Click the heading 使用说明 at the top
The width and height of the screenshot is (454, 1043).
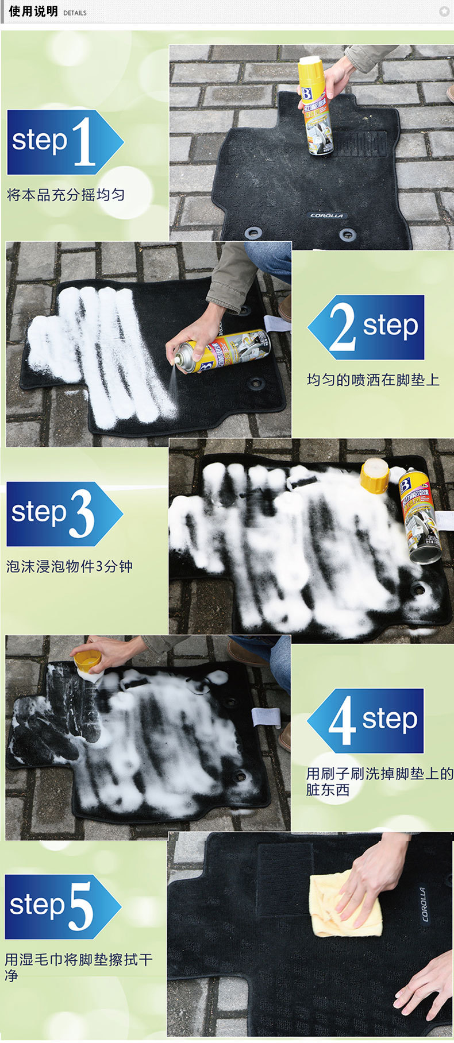click(33, 11)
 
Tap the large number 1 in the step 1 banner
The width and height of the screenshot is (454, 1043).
click(84, 142)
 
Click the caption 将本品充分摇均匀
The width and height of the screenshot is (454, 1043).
click(66, 195)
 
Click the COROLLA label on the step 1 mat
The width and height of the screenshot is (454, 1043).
click(326, 215)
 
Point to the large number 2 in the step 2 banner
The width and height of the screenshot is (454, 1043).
click(342, 328)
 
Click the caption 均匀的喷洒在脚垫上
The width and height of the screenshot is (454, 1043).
click(373, 380)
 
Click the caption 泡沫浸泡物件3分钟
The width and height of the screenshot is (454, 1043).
click(69, 566)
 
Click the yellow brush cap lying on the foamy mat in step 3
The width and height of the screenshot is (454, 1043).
click(375, 476)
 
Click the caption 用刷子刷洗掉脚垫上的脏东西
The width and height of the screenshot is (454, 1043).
click(379, 782)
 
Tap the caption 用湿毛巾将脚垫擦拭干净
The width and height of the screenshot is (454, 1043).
click(78, 967)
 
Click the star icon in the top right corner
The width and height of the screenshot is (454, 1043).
click(444, 11)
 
